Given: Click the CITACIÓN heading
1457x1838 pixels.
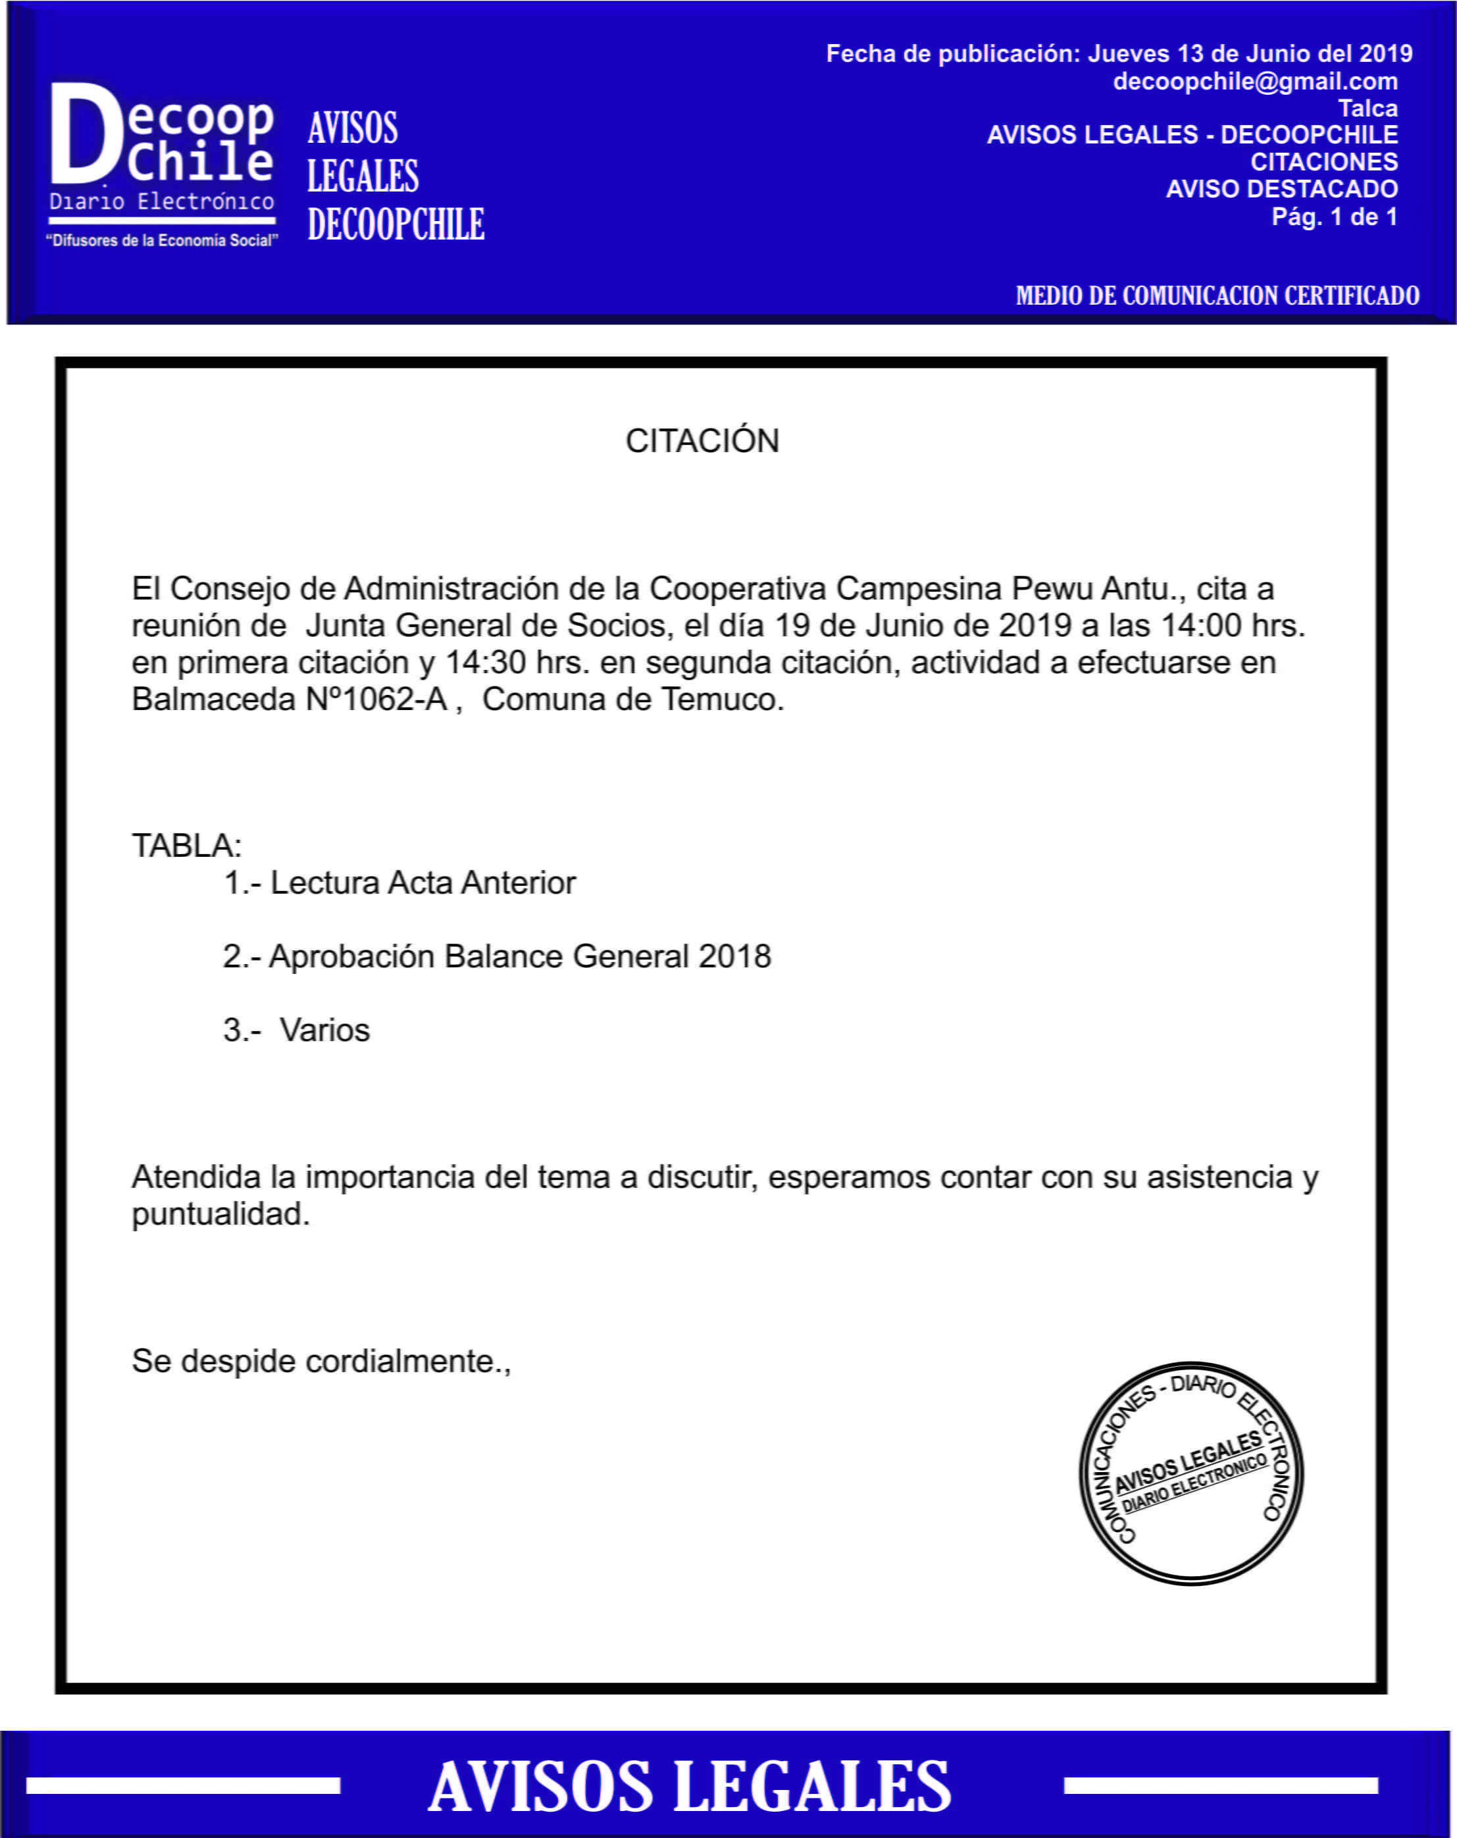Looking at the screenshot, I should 702,441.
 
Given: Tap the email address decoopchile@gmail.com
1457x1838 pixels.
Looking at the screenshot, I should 1254,82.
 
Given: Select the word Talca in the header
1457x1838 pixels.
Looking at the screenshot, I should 1368,109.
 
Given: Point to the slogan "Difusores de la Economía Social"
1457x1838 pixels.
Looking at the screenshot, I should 162,242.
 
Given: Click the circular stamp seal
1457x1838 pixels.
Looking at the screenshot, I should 1191,1473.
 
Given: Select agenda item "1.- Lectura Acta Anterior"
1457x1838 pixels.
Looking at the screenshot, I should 399,883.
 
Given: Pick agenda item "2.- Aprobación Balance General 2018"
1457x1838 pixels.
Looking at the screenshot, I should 496,957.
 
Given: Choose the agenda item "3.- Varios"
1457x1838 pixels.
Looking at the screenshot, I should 296,1030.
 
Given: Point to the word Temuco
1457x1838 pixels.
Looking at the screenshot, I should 721,699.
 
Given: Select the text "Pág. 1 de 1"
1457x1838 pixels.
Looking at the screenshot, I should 1334,217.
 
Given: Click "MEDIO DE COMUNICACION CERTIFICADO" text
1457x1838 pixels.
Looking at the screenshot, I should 1217,296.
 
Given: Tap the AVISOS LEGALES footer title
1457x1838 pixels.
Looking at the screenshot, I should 689,1787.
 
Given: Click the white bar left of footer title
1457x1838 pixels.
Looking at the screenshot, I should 182,1785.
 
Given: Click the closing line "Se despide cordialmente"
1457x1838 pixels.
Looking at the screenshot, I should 320,1362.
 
